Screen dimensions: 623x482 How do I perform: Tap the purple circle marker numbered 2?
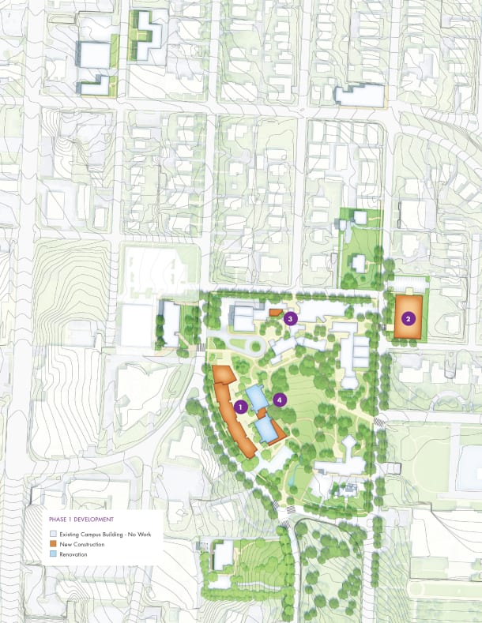pos(408,319)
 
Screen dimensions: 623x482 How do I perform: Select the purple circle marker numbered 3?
pos(291,319)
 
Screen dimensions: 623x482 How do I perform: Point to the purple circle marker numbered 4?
pos(279,400)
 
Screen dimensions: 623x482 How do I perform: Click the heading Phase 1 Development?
pos(81,520)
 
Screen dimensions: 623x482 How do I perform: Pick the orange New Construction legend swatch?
pos(53,545)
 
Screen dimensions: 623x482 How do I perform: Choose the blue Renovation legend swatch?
pos(53,554)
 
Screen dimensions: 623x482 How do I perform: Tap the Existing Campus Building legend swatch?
pos(53,535)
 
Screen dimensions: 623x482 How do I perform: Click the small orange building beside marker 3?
pos(275,313)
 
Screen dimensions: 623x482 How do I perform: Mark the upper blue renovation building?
pos(255,395)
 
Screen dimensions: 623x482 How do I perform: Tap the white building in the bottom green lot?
pos(224,555)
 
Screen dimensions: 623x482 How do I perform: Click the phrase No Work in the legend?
pos(147,535)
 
